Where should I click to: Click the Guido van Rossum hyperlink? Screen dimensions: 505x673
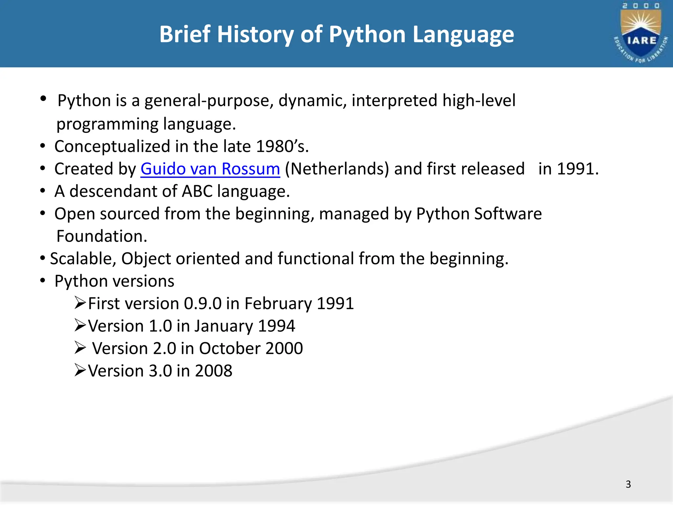tap(210, 169)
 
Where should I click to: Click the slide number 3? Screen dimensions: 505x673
tap(628, 484)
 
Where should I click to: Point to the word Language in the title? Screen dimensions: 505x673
tap(463, 35)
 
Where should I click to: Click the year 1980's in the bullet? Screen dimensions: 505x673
tap(282, 146)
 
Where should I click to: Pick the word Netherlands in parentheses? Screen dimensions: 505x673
tap(337, 169)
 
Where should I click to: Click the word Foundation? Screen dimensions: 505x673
tap(102, 236)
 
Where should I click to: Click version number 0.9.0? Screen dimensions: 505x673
tap(202, 303)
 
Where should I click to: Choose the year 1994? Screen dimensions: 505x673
tap(276, 326)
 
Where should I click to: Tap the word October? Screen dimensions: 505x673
tap(230, 349)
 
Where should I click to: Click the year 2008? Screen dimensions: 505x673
tap(214, 371)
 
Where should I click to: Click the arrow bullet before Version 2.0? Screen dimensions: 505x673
tap(80, 348)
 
